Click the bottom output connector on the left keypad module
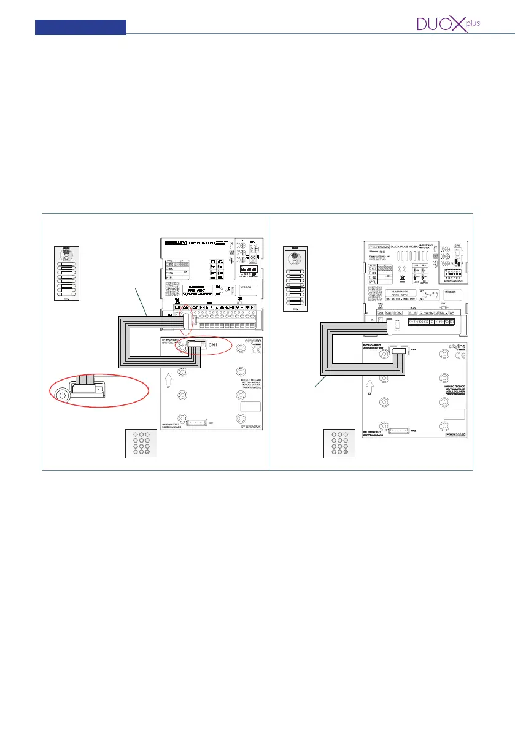(197, 423)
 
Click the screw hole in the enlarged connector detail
(61, 393)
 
